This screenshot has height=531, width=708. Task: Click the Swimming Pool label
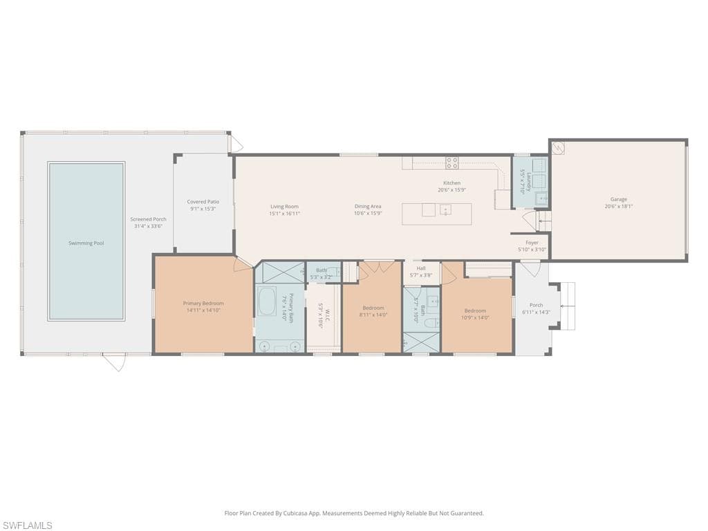pos(86,243)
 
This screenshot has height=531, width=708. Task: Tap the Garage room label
pos(618,199)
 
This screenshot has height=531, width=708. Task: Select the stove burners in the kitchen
pos(451,163)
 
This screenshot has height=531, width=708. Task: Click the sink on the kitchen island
pos(446,209)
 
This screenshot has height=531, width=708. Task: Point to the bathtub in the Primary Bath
pos(267,301)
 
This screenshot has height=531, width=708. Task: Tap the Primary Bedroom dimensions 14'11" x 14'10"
pos(203,310)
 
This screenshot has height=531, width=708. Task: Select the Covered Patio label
pos(203,201)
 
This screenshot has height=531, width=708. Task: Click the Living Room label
pos(284,206)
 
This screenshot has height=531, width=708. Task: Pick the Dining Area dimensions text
pos(368,214)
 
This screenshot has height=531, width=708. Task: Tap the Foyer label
pos(532,243)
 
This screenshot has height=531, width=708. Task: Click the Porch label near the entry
pos(536,305)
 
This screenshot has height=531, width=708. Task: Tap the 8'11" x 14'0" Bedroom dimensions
pos(373,315)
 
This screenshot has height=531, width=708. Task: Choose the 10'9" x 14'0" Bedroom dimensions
pos(475,317)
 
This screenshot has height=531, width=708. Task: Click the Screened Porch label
pos(148,219)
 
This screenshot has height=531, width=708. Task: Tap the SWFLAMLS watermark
pos(28,525)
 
